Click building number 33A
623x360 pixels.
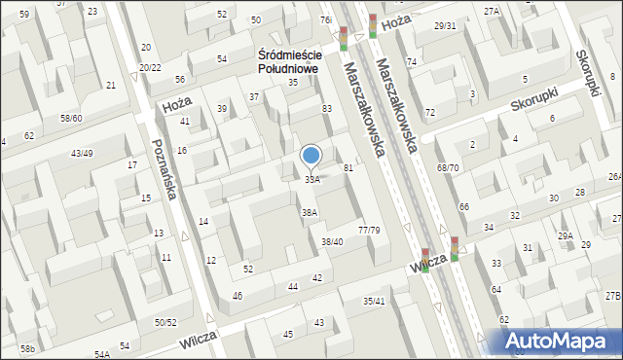click(x=311, y=179)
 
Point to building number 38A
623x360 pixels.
click(x=310, y=212)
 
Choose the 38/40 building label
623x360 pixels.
click(x=332, y=241)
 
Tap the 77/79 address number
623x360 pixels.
click(x=369, y=231)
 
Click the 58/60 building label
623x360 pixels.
click(x=72, y=118)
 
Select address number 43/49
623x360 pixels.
click(x=82, y=154)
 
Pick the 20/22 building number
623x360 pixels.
click(x=150, y=67)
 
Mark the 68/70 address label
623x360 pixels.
click(x=448, y=168)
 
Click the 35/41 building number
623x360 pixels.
click(x=374, y=302)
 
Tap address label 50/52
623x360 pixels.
click(x=165, y=322)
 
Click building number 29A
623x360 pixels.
click(x=565, y=236)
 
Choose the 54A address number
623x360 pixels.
click(x=102, y=355)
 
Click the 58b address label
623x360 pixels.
click(x=27, y=348)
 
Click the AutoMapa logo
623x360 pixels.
click(x=561, y=341)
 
